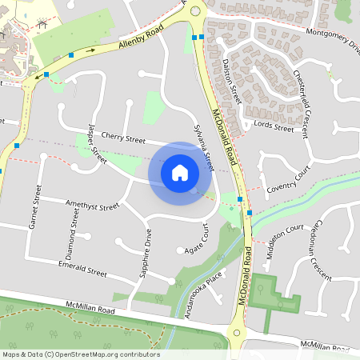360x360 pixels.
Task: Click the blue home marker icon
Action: click(180, 172)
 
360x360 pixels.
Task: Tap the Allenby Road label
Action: click(141, 38)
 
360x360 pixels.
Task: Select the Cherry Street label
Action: click(122, 138)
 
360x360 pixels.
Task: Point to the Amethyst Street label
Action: click(92, 206)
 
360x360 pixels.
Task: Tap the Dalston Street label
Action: click(232, 80)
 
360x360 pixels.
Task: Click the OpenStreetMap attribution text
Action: click(82, 354)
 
